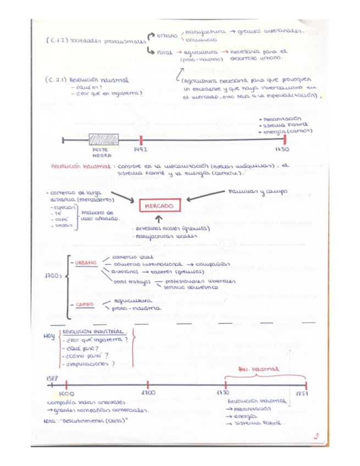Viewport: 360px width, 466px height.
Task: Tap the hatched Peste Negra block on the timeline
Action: point(102,140)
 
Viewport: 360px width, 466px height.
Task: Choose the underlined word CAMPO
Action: point(85,304)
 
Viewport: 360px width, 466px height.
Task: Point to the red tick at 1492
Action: point(141,140)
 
